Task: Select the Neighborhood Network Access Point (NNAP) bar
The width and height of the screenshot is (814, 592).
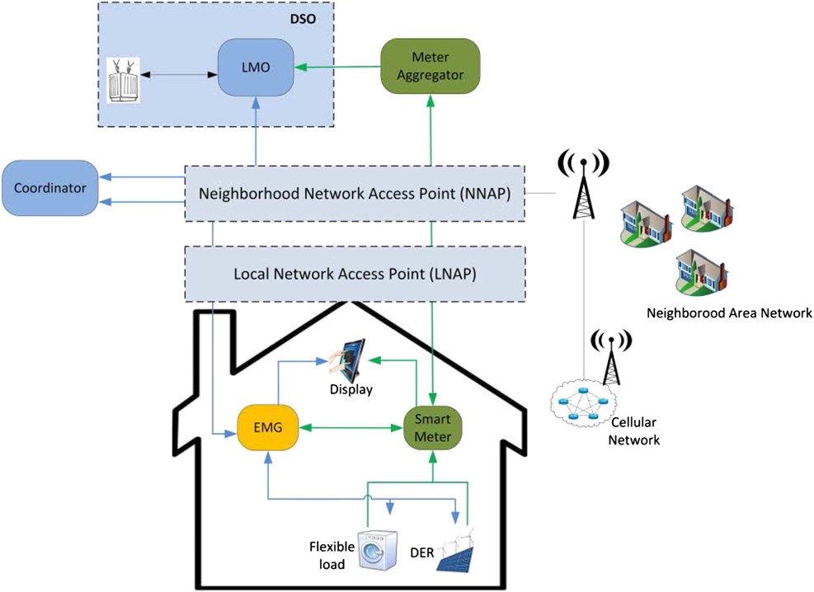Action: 354,195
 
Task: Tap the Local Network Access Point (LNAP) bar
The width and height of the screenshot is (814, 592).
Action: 354,273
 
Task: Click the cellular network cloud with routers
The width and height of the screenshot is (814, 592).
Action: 583,406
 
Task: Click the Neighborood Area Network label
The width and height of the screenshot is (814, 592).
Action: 729,313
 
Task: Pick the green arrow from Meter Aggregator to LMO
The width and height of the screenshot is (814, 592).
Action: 339,67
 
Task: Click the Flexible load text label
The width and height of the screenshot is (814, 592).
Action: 331,554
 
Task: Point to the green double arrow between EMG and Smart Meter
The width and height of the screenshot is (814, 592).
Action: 350,428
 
